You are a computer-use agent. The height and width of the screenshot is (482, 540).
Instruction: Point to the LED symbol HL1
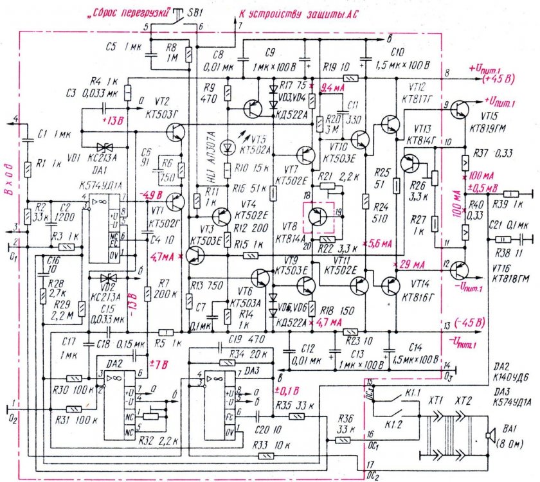pyautogui.click(x=226, y=147)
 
